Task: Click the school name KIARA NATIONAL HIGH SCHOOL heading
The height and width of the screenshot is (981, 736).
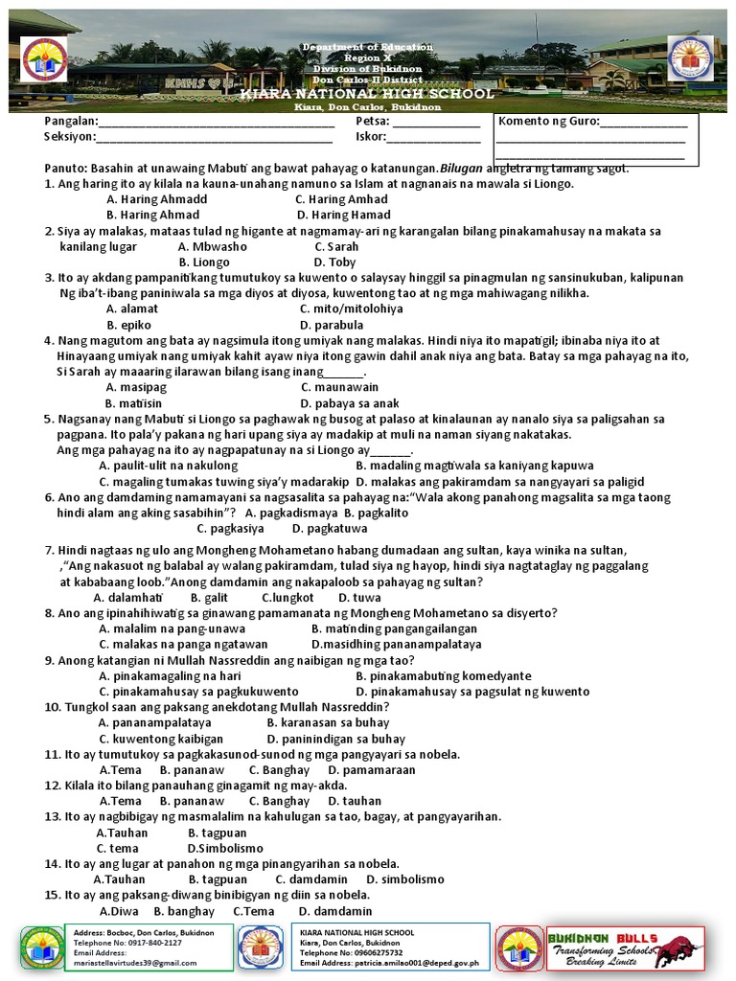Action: coord(367,95)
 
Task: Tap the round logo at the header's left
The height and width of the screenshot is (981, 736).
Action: coord(44,60)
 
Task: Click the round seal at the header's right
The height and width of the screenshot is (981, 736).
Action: coord(690,59)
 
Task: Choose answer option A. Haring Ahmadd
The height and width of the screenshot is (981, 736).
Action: coord(156,199)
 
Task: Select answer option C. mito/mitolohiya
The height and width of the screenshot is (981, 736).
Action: coord(351,308)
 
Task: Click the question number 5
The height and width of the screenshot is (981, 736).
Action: coord(48,419)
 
